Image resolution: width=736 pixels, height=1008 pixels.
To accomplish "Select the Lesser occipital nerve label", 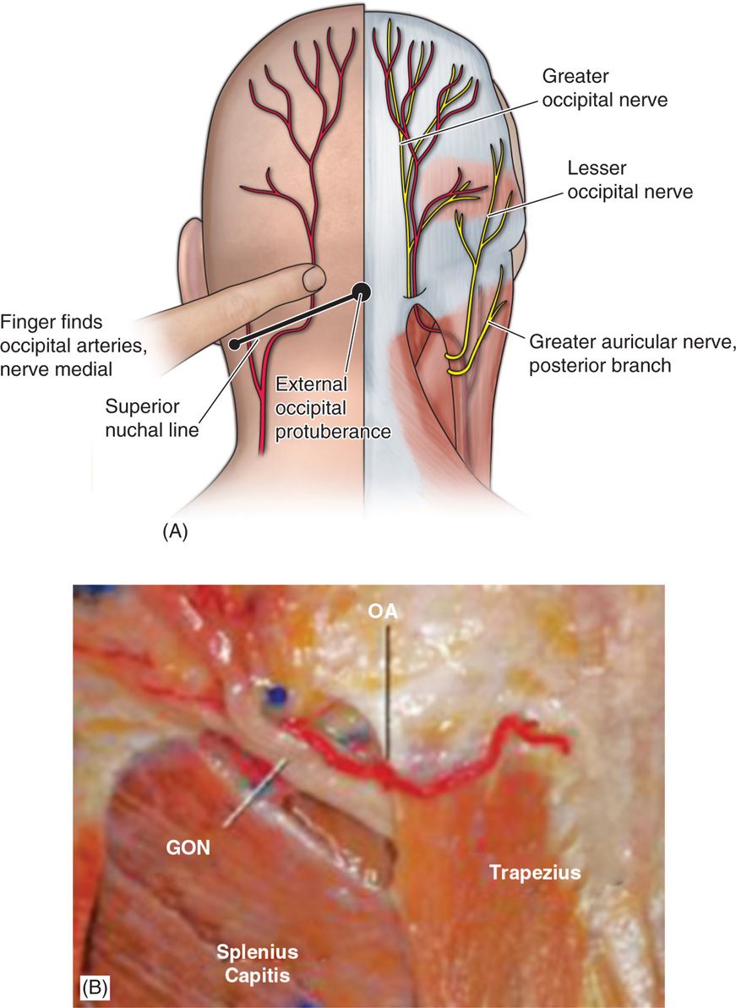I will pos(630,181).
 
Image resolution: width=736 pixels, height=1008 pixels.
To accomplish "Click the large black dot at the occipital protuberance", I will pos(363,291).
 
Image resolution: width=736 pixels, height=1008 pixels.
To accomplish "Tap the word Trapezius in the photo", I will pos(535,872).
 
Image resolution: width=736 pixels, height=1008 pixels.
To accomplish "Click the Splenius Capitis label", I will pos(257,963).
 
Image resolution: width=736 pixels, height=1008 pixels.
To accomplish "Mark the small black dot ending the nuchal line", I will pos(235,344).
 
